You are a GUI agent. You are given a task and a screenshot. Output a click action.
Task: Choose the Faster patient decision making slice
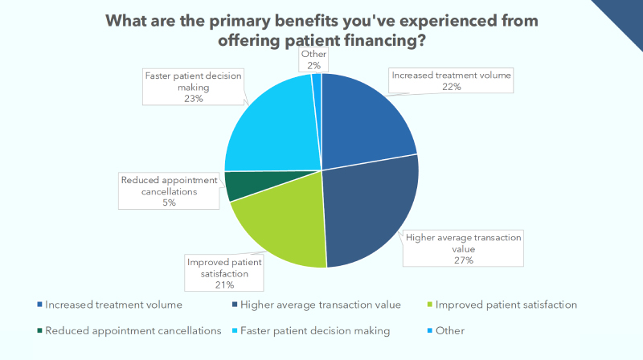coord(269,129)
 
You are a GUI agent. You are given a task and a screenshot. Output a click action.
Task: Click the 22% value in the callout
coord(451,87)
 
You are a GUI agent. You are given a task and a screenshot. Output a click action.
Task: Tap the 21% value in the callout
coord(223,284)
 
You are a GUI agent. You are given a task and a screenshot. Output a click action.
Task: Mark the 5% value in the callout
coord(169,202)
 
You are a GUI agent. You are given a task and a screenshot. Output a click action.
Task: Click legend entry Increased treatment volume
coord(113,305)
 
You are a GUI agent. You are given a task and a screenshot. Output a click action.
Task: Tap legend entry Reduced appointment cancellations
coord(133,330)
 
